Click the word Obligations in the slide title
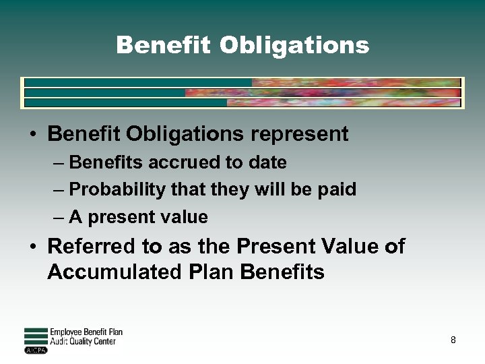pyautogui.click(x=294, y=46)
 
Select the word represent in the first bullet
pyautogui.click(x=300, y=134)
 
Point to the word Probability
pyautogui.click(x=117, y=190)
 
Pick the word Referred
pyautogui.click(x=87, y=247)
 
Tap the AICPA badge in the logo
pyautogui.click(x=36, y=351)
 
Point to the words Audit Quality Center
pyautogui.click(x=83, y=342)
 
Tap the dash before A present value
pyautogui.click(x=59, y=218)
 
